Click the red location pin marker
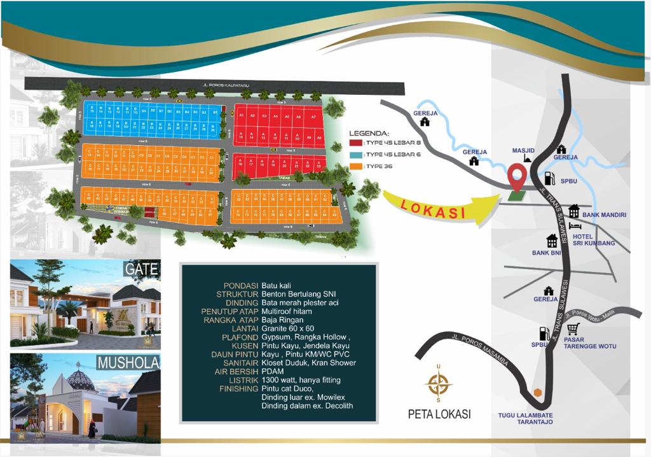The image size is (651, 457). click(x=518, y=176)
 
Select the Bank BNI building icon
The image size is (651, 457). click(x=552, y=241)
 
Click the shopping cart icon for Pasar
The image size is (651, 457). click(x=573, y=328)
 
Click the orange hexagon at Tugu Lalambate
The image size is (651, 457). click(x=538, y=392)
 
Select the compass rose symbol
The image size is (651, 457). click(x=438, y=384)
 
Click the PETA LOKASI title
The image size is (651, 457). click(x=439, y=414)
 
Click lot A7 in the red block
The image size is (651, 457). click(x=313, y=117)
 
